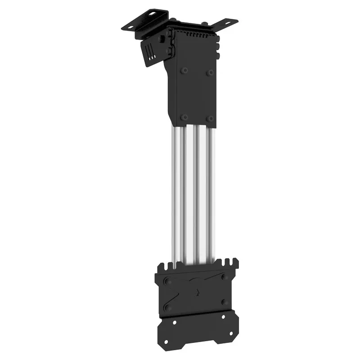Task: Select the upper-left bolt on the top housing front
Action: (x=184, y=71)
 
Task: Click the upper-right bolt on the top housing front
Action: (x=210, y=72)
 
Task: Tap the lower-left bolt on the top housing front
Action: (x=184, y=117)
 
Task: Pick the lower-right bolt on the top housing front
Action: (x=210, y=118)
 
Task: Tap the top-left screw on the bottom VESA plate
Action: (x=168, y=282)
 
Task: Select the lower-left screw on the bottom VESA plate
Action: (x=168, y=307)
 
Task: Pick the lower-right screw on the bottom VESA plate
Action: (x=224, y=302)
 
